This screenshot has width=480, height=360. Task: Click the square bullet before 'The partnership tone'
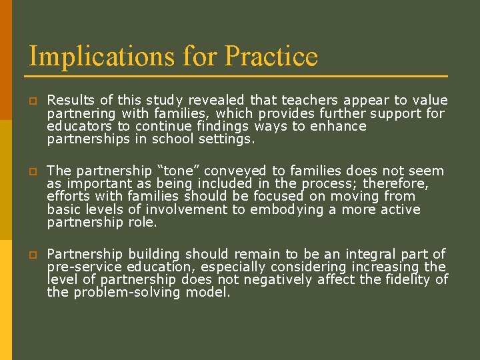coord(31,172)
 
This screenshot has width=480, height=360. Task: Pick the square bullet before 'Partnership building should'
coord(31,255)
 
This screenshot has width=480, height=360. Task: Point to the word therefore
coord(397,184)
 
